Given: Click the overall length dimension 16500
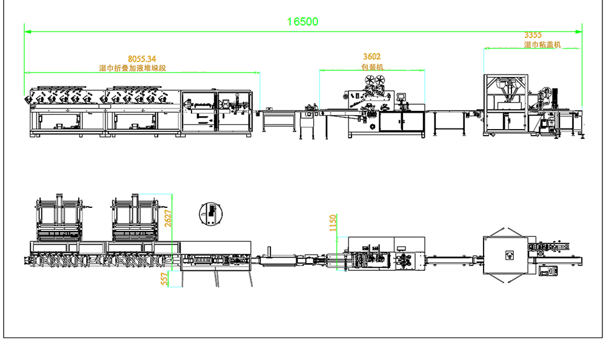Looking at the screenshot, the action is click(x=302, y=22).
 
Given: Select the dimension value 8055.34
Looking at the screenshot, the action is click(x=142, y=59).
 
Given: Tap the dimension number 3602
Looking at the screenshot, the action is click(x=372, y=56).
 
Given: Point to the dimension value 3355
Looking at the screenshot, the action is click(x=533, y=35).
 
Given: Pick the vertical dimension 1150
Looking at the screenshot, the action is click(x=333, y=223).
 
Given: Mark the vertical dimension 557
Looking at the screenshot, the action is click(x=165, y=279).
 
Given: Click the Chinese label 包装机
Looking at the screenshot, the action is click(x=372, y=67).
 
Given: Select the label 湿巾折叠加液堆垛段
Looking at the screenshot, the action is click(x=133, y=68).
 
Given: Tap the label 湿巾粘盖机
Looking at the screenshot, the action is click(x=542, y=44).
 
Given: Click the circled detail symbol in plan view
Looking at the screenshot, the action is click(x=211, y=214).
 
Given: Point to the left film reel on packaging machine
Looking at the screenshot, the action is click(x=370, y=81).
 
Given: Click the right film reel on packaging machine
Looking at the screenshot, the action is click(x=380, y=81).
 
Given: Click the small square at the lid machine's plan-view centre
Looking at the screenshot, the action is click(x=510, y=255).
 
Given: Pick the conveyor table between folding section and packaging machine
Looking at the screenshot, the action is click(x=279, y=121).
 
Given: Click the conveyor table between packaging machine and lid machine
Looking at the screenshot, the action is click(x=448, y=122).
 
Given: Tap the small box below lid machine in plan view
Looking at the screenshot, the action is click(x=548, y=271).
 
